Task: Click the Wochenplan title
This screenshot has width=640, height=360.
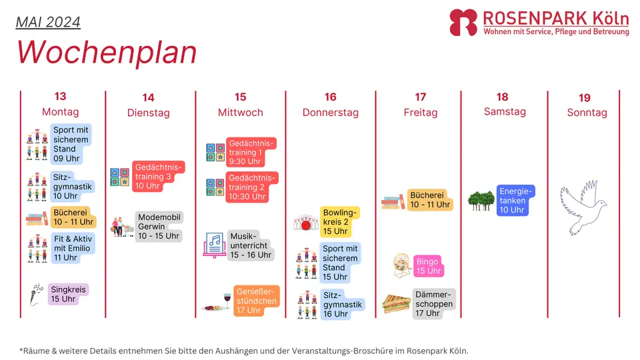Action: [107, 53]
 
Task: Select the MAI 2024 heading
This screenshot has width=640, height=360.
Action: [48, 22]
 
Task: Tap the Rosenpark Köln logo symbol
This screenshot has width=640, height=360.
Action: [463, 23]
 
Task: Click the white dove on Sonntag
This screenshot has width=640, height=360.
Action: [583, 207]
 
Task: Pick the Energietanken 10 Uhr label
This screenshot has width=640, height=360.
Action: [515, 201]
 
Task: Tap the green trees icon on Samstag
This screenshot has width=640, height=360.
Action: [481, 201]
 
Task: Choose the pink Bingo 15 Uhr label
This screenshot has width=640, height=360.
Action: [429, 266]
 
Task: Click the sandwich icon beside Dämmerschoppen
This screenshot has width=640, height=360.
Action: [396, 304]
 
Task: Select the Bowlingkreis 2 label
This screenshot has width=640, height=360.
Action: [339, 221]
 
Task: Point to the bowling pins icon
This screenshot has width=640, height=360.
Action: [306, 223]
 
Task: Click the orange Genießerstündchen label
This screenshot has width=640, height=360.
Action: [256, 301]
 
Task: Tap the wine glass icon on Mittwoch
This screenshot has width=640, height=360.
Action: [227, 301]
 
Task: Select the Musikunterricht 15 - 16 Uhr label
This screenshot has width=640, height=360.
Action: [251, 245]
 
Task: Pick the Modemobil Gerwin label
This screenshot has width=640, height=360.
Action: [159, 227]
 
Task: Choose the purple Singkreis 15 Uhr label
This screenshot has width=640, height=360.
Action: [68, 294]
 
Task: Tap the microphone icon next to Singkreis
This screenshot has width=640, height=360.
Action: [36, 294]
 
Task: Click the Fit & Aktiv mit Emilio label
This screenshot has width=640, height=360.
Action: [73, 248]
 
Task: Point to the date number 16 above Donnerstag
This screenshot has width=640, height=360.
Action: [330, 97]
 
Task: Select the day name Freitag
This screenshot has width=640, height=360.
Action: [421, 113]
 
